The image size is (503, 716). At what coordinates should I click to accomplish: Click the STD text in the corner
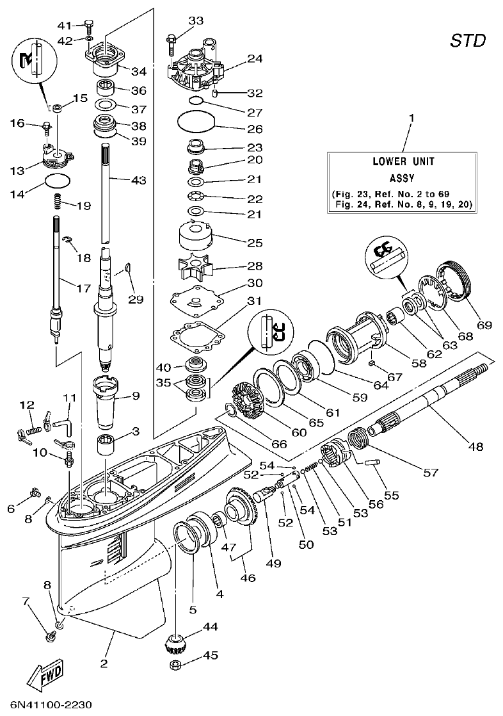[468, 42]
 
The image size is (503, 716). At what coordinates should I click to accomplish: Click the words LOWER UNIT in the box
[403, 161]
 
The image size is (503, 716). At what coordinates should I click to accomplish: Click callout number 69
[484, 325]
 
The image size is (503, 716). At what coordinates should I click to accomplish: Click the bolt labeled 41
[89, 26]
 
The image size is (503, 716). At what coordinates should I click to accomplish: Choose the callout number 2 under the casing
[103, 663]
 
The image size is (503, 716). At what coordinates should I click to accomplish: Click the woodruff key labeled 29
[127, 268]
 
